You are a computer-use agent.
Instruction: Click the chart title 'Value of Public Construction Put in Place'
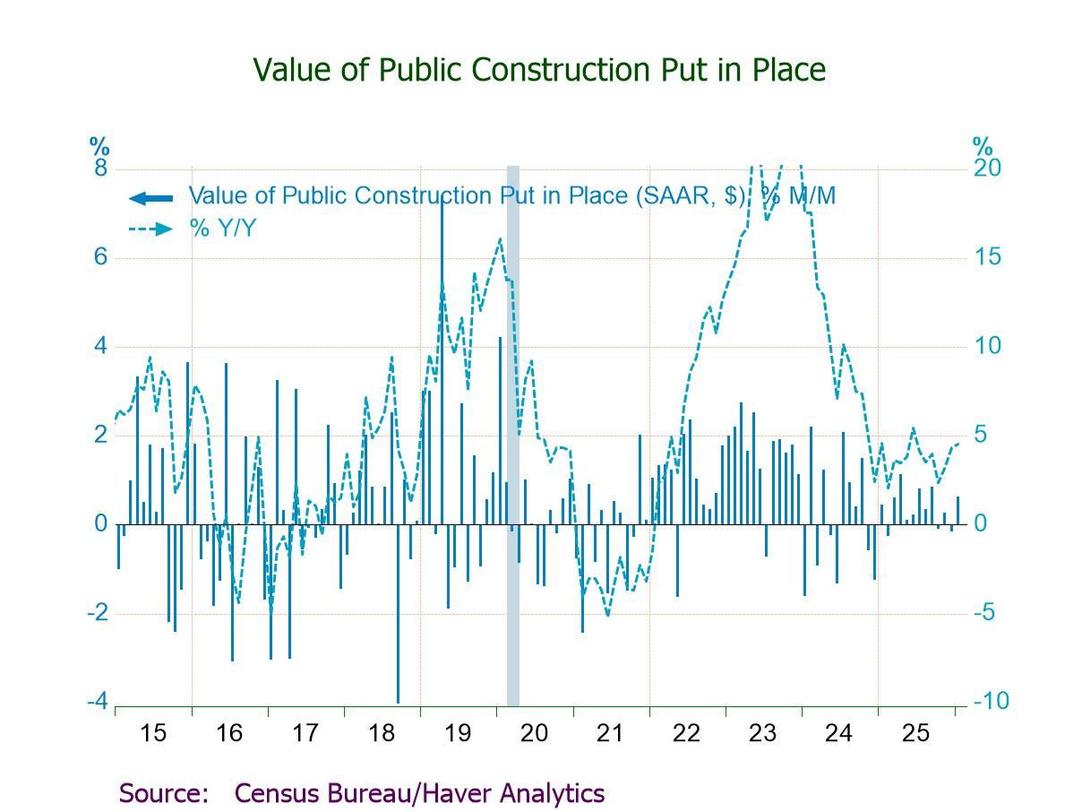539,70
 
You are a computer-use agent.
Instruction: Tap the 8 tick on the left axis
100,168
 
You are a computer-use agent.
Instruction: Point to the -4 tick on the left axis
98,701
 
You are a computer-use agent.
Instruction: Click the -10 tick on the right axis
991,701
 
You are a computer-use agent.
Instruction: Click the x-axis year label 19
457,733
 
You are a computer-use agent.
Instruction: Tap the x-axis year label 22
685,733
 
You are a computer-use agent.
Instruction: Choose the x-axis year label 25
915,733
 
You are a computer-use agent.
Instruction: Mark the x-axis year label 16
228,733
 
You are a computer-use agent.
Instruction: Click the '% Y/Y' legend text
222,229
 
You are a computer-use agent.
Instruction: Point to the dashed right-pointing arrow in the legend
150,229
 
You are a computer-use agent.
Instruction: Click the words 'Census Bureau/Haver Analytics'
419,793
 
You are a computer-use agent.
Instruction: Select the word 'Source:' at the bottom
163,793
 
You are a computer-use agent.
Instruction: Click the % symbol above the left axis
99,145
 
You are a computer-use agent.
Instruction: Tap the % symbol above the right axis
983,145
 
